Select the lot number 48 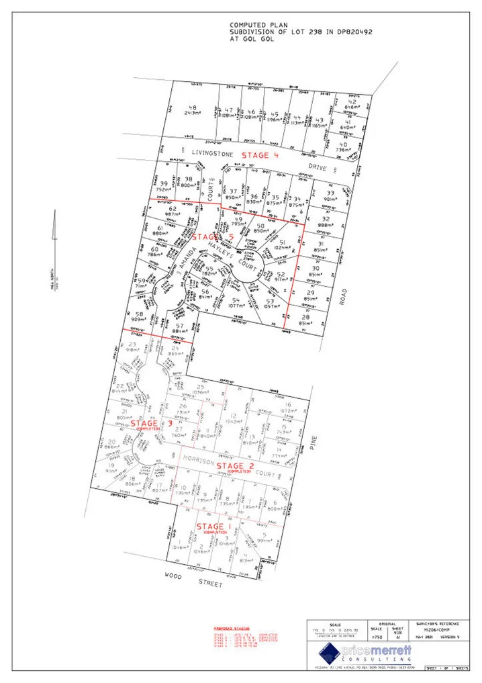(x=193, y=108)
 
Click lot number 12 (x=234, y=416)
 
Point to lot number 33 (x=330, y=193)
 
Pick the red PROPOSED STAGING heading (x=223, y=629)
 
